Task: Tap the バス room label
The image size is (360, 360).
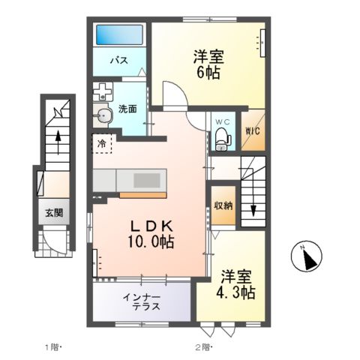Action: (118, 59)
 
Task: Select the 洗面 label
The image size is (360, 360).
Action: (128, 109)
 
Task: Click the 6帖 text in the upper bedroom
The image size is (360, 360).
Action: (208, 73)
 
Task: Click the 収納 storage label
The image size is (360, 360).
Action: (222, 205)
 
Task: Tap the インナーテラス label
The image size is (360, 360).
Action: (141, 303)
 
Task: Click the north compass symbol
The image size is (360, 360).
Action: (307, 259)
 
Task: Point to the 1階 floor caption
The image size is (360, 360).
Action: (52, 346)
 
